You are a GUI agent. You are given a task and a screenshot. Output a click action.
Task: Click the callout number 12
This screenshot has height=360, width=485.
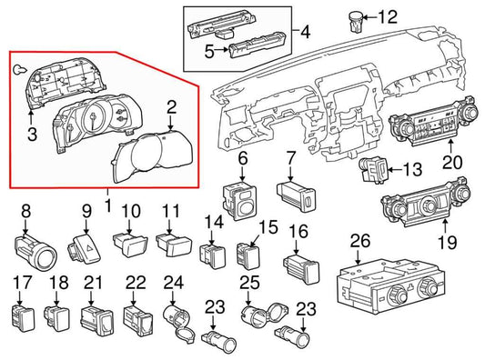tap(388, 16)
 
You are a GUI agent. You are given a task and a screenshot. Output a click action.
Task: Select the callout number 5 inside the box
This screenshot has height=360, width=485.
tap(209, 51)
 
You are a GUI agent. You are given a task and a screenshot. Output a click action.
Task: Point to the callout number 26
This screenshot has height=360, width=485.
tap(360, 241)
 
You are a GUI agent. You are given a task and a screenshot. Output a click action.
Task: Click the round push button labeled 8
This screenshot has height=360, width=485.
tap(35, 252)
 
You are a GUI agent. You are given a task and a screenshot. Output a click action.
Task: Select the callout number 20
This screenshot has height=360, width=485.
tap(452, 162)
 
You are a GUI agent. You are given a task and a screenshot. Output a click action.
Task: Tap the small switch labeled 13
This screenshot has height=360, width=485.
tap(373, 169)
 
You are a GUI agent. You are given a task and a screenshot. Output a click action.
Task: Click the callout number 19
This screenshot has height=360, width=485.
tap(448, 242)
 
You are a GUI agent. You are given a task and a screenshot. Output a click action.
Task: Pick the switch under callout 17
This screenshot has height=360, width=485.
tap(23, 315)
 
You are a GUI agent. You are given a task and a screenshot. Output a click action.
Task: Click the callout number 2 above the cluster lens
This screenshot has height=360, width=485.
tap(171, 107)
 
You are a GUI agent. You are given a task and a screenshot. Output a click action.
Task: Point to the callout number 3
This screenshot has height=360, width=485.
tap(32, 135)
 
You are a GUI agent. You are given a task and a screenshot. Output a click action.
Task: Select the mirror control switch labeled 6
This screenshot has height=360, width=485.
tap(239, 201)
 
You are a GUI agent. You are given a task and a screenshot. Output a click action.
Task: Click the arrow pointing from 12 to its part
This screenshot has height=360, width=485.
tap(370, 17)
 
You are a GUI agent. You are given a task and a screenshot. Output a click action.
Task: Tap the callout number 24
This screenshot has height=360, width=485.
tap(174, 283)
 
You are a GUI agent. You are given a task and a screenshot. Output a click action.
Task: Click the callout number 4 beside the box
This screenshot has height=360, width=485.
tap(306, 32)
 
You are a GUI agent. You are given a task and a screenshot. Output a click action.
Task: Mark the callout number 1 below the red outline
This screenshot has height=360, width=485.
tap(108, 205)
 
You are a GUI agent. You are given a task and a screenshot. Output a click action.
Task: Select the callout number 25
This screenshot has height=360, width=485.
tap(250, 283)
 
